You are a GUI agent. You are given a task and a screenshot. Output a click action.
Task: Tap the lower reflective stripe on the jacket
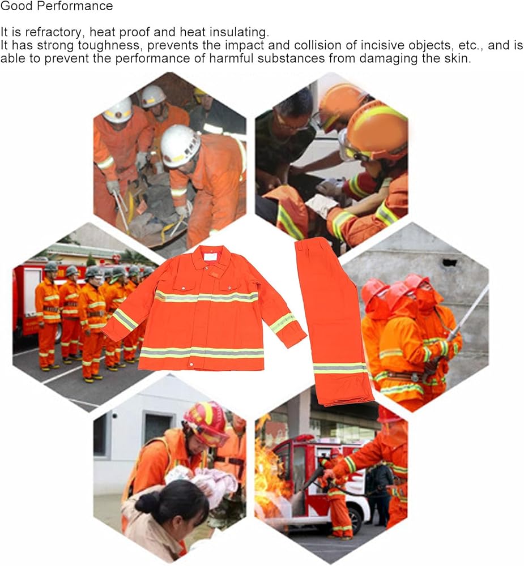pos(202,353)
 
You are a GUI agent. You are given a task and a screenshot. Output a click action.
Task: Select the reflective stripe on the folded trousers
pos(340,368)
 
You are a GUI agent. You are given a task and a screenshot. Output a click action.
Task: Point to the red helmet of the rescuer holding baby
pos(206,422)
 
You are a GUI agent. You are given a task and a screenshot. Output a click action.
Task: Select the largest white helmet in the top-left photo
pos(180,146)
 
